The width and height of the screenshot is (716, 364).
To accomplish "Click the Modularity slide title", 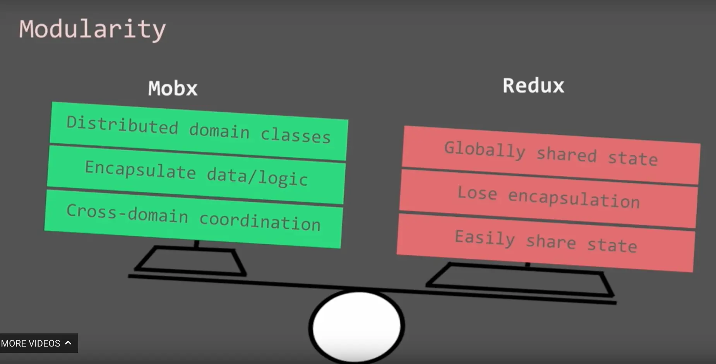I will [x=92, y=29].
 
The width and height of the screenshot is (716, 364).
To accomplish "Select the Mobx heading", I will [x=173, y=89].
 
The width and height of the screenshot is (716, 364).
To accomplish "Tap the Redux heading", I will [x=533, y=86].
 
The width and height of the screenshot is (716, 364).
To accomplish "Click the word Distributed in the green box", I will [x=122, y=125].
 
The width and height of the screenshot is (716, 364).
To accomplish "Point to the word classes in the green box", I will [x=295, y=135].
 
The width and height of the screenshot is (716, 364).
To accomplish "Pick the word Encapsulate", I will [x=140, y=170].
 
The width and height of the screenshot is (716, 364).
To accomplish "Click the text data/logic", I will [x=257, y=177].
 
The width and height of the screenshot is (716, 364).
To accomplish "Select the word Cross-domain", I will [x=127, y=213].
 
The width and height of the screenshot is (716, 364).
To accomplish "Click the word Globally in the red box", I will [x=485, y=149].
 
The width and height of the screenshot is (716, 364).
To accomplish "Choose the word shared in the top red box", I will [x=567, y=155].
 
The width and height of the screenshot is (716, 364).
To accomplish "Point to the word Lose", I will [x=477, y=193].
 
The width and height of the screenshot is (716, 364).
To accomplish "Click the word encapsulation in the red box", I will [x=574, y=199].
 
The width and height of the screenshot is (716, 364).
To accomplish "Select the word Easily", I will [x=485, y=238].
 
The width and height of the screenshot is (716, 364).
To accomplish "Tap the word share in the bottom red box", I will [x=551, y=242].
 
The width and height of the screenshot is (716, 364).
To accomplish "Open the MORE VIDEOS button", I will [x=31, y=343].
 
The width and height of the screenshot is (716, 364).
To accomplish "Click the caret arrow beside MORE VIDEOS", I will [x=68, y=343].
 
